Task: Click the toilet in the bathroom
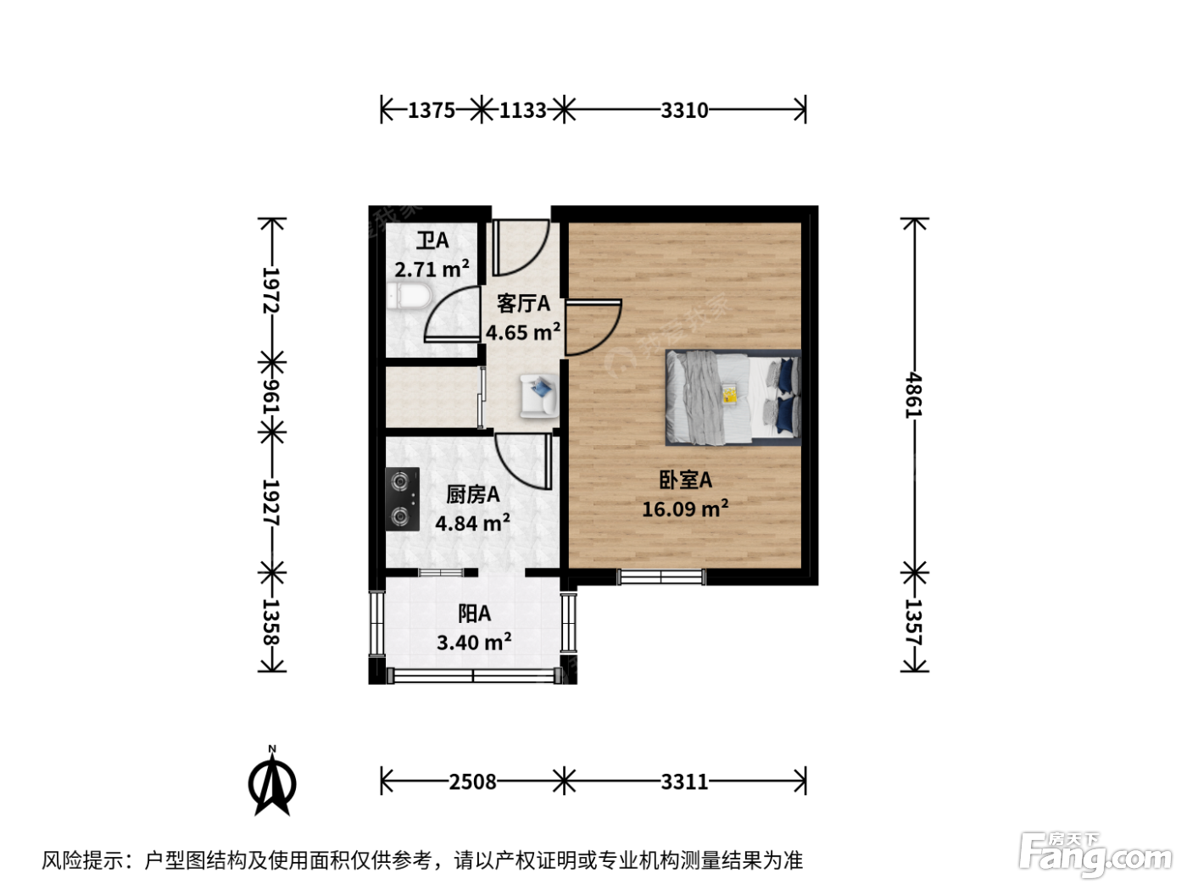(409, 297)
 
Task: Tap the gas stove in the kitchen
(402, 498)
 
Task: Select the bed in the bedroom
(733, 398)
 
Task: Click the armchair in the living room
(538, 396)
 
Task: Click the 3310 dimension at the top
(684, 110)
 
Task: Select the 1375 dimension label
(431, 110)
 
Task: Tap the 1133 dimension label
(522, 110)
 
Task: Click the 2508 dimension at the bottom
(472, 782)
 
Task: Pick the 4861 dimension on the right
(914, 394)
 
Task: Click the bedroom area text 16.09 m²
(684, 509)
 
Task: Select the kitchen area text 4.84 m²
(472, 522)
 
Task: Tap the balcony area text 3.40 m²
(474, 642)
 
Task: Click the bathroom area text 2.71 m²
(432, 269)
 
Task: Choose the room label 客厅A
(523, 303)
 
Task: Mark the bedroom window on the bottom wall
(661, 577)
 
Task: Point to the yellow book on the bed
(729, 394)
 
